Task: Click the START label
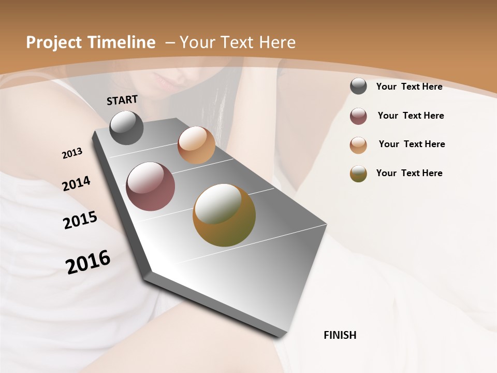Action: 122,100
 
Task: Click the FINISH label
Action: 340,335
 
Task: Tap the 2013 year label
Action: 72,153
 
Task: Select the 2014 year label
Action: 76,184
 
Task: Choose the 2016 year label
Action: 88,262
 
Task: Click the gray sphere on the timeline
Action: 126,127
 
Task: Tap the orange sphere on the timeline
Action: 196,145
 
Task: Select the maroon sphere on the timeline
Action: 150,187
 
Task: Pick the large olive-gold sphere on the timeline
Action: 224,215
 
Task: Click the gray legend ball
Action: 358,86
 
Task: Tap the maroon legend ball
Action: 358,116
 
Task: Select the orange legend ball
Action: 358,145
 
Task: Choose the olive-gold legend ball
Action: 358,174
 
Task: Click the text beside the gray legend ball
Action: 409,87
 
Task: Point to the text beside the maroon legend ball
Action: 411,116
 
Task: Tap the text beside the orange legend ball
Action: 412,144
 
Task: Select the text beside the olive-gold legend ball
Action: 409,173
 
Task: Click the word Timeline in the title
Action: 123,42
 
